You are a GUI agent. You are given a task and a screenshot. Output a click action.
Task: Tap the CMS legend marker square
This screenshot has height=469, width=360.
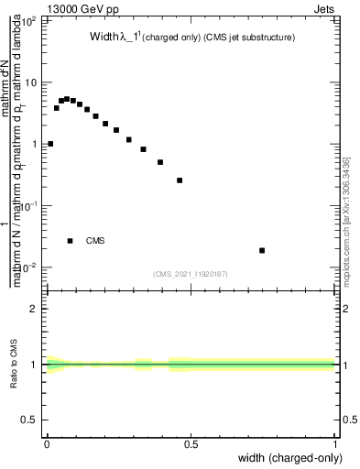tap(70, 241)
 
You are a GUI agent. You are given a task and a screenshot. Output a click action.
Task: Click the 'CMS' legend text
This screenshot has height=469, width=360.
tap(95, 241)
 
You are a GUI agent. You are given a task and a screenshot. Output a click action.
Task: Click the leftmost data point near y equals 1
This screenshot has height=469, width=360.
tap(50, 144)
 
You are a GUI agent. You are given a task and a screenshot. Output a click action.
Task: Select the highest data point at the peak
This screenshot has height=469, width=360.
tap(67, 98)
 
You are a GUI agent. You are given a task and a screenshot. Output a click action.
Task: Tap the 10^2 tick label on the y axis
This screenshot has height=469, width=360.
tap(29, 20)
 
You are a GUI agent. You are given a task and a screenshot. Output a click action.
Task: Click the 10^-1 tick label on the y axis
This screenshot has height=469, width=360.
tap(29, 206)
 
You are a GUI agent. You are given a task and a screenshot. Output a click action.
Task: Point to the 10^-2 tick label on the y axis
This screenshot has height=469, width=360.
tap(29, 267)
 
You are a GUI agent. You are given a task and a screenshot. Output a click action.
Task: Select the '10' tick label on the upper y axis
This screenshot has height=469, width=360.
tap(32, 82)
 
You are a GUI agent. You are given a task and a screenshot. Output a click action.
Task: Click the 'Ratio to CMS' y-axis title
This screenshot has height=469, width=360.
tap(14, 365)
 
